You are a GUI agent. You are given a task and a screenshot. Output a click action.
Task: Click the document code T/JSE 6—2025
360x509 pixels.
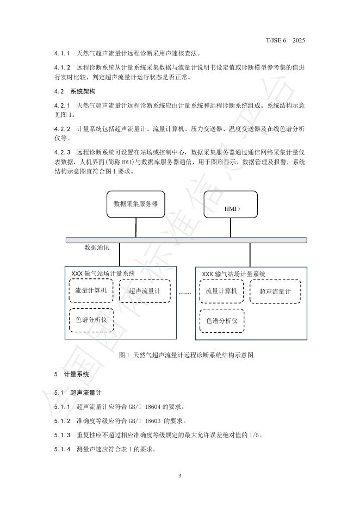(x=286, y=40)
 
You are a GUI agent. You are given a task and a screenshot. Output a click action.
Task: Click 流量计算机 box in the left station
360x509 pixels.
(x=91, y=291)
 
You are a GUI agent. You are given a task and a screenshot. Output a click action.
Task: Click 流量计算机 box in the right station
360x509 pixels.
(x=222, y=291)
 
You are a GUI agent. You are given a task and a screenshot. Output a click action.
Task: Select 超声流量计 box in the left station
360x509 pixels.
(x=145, y=291)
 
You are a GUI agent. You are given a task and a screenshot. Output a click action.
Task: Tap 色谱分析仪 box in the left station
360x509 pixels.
(x=91, y=321)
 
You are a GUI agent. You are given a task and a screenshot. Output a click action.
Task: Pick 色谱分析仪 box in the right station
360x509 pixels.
(x=222, y=321)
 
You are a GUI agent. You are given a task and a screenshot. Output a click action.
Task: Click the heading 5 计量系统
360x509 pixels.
(x=71, y=375)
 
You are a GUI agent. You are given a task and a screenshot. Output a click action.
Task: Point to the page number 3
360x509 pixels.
(x=179, y=476)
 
